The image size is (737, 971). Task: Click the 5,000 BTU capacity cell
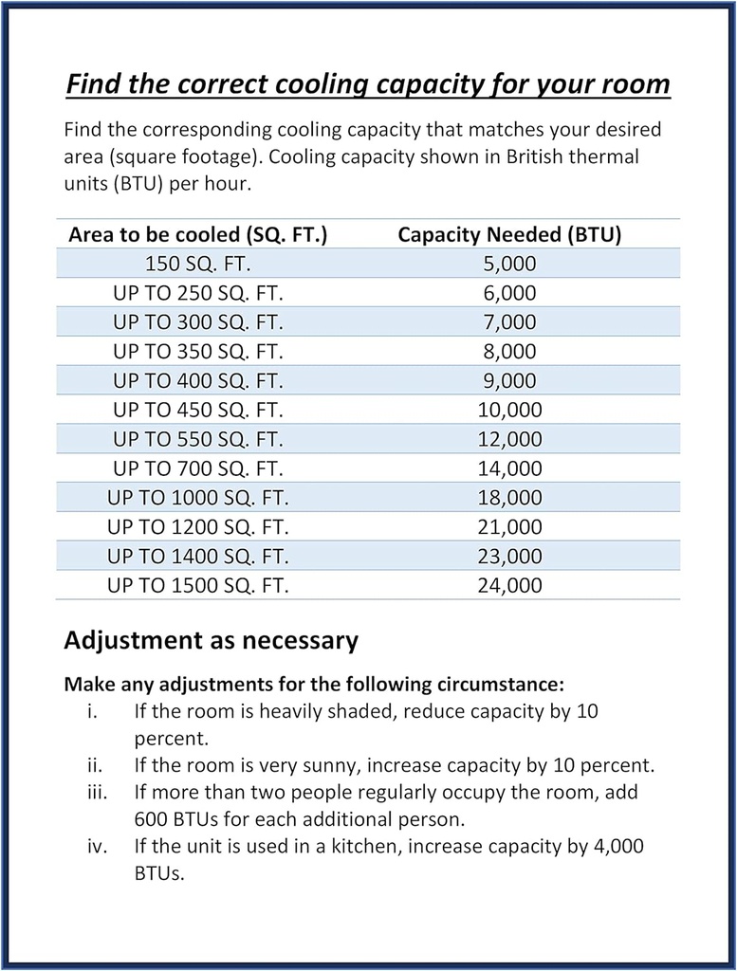coord(509,264)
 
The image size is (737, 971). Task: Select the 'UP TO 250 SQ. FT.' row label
coord(198,293)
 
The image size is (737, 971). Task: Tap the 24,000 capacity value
coord(509,585)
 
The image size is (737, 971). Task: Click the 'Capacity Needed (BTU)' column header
coord(509,235)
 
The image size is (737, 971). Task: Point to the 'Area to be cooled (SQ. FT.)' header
coord(198,235)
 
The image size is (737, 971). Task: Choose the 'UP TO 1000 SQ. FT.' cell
coord(198,498)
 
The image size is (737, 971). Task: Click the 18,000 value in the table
coord(509,498)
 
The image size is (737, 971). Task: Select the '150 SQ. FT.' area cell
coord(198,264)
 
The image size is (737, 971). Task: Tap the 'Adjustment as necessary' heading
coord(211,640)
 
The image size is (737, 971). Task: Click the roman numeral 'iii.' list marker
coord(96,791)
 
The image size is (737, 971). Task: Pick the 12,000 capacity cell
coord(509,439)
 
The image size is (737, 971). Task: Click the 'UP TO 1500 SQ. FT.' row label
coord(198,585)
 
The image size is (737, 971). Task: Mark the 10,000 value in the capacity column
coord(509,410)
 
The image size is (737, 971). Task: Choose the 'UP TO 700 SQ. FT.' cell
coord(198,468)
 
